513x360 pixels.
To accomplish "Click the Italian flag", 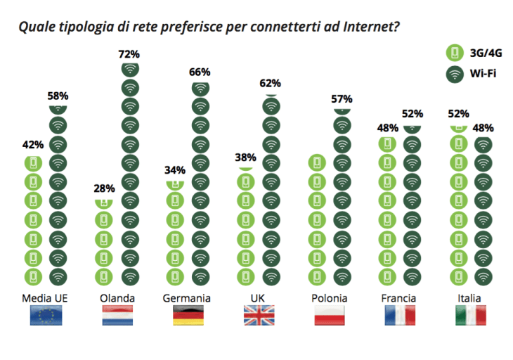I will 469,315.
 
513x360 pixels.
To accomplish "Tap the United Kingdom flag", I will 259,315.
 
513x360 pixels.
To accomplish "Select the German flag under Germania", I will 188,315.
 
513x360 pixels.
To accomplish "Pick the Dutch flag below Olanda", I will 117,315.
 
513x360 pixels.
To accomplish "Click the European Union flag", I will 46,315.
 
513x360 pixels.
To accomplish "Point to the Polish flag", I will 330,315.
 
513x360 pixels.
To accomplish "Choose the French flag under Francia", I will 399,315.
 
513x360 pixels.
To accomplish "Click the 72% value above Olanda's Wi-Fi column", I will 130,53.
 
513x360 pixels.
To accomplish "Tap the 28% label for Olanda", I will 105,188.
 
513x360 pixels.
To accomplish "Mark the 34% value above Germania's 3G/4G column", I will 175,169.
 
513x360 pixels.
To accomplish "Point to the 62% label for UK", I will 271,83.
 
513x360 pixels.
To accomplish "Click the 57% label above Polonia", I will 342,99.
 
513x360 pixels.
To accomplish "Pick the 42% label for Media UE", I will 33,145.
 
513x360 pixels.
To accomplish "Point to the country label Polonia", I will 330,298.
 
